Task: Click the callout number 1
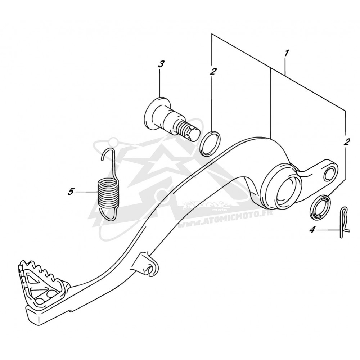point(286,53)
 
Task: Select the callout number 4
point(312,230)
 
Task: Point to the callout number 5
point(71,192)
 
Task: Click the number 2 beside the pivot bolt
point(212,72)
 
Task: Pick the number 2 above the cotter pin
point(346,142)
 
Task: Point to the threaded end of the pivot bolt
point(189,131)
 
